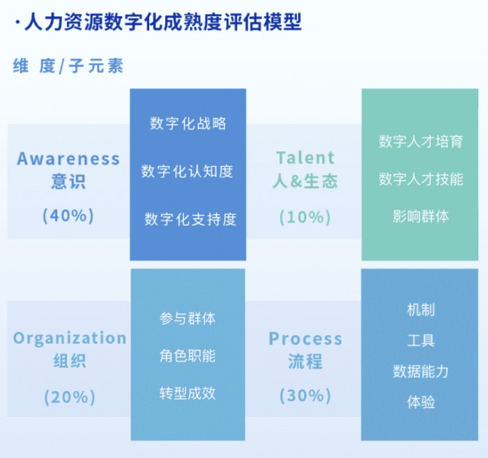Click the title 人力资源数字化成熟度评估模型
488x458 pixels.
(162, 22)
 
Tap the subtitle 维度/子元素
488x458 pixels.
(68, 66)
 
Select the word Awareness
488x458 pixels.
(68, 158)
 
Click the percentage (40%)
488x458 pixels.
(68, 215)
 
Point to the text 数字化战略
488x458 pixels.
(188, 123)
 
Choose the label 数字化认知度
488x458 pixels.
(188, 171)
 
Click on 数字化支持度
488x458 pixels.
(190, 219)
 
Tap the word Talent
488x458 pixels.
(305, 158)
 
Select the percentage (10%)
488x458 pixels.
(305, 217)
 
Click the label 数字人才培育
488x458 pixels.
(421, 142)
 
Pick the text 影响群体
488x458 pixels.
(421, 216)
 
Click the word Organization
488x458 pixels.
(70, 338)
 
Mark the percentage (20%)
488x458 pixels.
(70, 397)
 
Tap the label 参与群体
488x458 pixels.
(188, 319)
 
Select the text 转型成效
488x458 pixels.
(188, 393)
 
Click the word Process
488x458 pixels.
(305, 339)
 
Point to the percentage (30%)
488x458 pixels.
(305, 396)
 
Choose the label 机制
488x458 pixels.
(421, 310)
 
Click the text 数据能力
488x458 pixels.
(421, 372)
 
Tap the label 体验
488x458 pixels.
(421, 402)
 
